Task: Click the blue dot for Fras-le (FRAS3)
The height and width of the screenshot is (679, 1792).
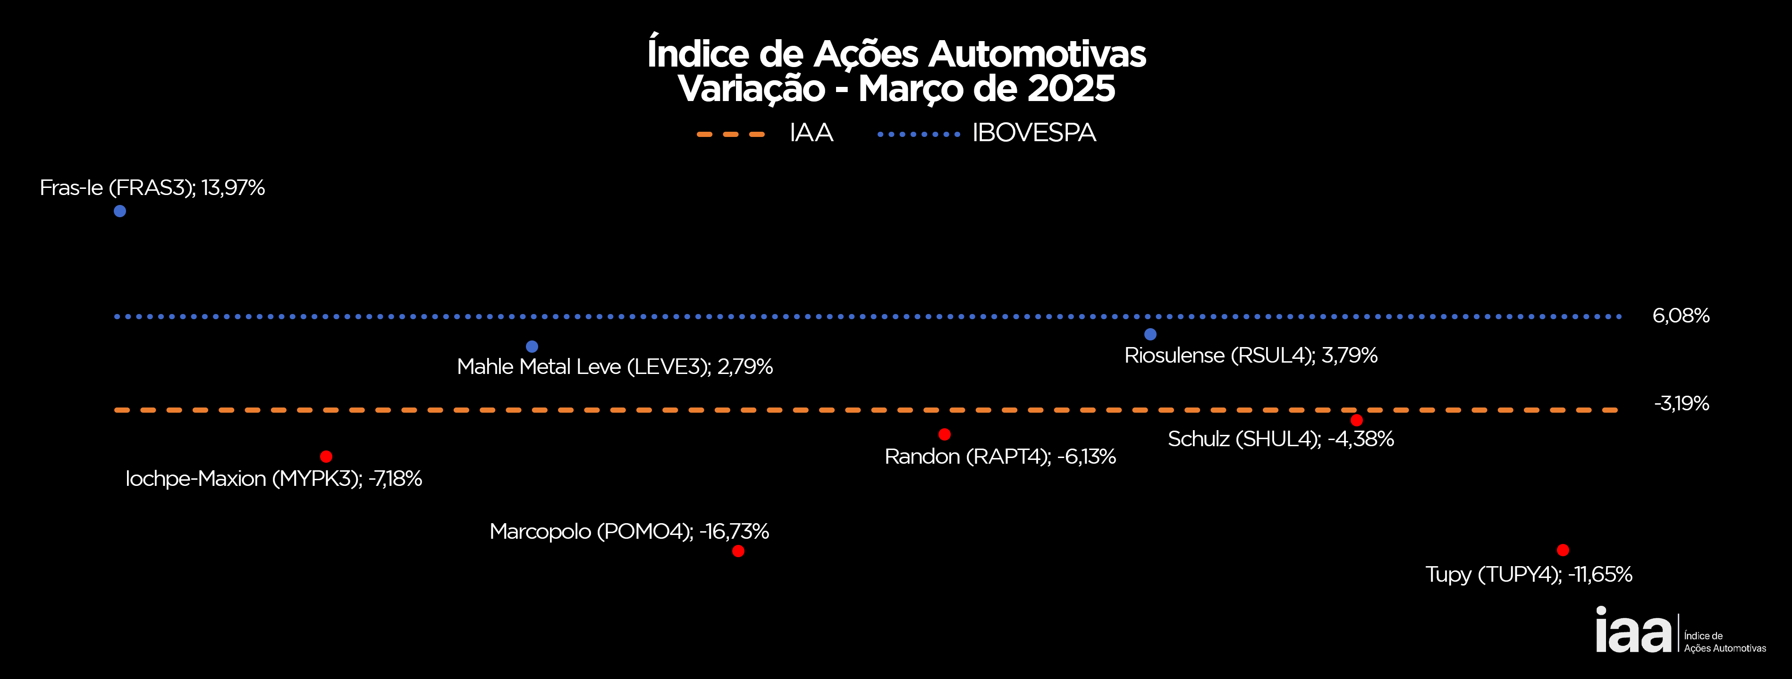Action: [119, 211]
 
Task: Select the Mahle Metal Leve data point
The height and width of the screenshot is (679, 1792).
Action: [532, 347]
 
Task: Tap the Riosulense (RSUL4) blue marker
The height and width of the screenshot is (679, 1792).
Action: [1150, 335]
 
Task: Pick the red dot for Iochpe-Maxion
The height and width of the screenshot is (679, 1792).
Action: [326, 457]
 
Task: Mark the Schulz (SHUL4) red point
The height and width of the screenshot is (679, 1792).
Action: [1357, 420]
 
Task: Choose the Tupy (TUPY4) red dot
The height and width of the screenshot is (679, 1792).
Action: [1563, 550]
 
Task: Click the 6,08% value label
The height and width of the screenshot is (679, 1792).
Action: [1681, 316]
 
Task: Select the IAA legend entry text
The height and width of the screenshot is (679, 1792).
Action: [811, 133]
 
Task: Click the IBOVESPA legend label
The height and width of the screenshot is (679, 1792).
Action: [1034, 133]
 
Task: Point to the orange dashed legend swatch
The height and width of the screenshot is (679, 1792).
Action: [731, 134]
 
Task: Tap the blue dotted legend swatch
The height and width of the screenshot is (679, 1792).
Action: [918, 134]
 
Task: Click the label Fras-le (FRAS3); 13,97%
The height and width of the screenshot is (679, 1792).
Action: [152, 188]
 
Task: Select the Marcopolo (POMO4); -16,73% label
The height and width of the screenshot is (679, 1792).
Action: [629, 532]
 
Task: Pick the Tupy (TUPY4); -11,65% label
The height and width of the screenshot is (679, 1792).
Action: [1529, 575]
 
